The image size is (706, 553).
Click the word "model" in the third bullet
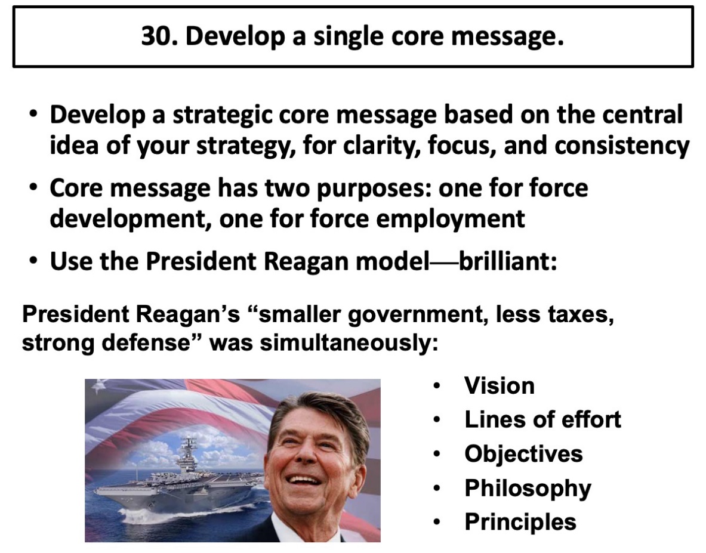point(392,261)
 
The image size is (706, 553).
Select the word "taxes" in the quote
point(581,314)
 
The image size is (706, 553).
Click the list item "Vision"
point(500,385)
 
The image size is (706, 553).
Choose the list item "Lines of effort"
point(542,419)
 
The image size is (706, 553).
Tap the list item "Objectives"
point(523,453)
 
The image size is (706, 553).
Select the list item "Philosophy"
point(528,489)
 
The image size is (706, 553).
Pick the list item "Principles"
point(520,523)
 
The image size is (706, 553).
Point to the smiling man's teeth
point(306,481)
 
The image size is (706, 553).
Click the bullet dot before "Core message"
point(32,188)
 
